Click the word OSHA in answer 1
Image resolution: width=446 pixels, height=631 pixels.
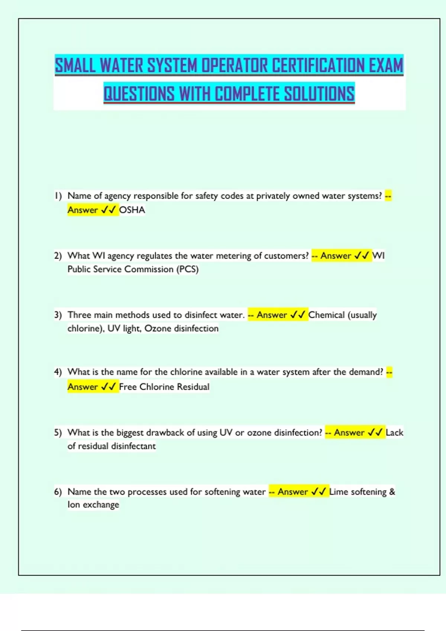click(132, 210)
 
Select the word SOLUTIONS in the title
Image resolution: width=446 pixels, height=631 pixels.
click(319, 94)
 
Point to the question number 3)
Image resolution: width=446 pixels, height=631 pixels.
click(58, 315)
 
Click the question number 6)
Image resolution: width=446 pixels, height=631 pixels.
click(58, 492)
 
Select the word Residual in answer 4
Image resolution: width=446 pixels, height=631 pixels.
click(193, 387)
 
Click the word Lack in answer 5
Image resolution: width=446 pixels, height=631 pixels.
click(394, 432)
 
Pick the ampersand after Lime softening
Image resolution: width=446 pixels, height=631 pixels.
click(392, 492)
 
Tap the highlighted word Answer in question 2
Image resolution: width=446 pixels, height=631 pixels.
click(336, 256)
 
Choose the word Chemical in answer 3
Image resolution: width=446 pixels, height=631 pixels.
click(327, 315)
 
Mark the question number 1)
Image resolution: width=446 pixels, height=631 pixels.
click(58, 196)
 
